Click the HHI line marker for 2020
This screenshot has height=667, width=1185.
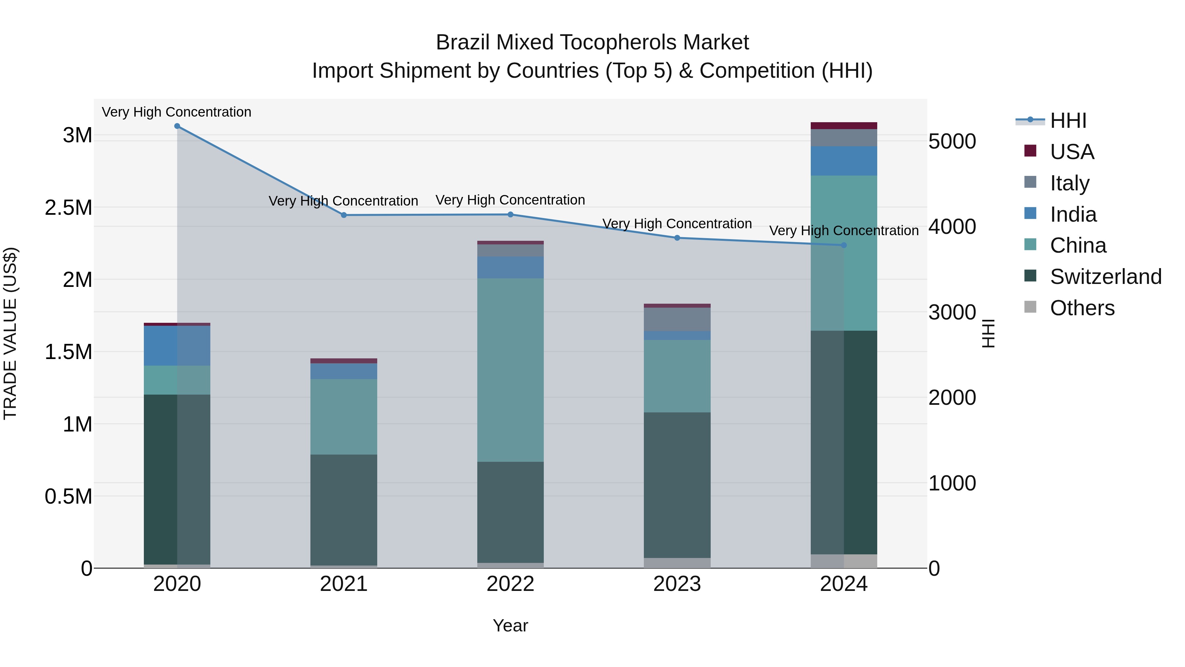tap(177, 126)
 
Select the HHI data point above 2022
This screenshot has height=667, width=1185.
tap(510, 214)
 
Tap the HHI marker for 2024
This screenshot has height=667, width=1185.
tap(844, 245)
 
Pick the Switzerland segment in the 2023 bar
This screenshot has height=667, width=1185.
tap(677, 485)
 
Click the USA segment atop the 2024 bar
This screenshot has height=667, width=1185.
tap(844, 126)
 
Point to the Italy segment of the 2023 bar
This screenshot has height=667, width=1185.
tap(677, 319)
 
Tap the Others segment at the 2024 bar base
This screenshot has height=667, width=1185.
tap(844, 561)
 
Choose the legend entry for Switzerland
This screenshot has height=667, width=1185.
tap(1105, 277)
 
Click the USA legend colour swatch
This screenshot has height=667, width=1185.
tap(1030, 151)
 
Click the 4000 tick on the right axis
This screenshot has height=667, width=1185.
tap(952, 227)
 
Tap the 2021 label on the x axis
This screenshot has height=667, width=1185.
tap(344, 584)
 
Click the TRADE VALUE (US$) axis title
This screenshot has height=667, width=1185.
tap(10, 333)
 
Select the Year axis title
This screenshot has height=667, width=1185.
tap(510, 625)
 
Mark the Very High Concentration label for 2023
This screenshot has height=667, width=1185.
tap(677, 224)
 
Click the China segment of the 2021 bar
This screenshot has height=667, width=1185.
tap(344, 417)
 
